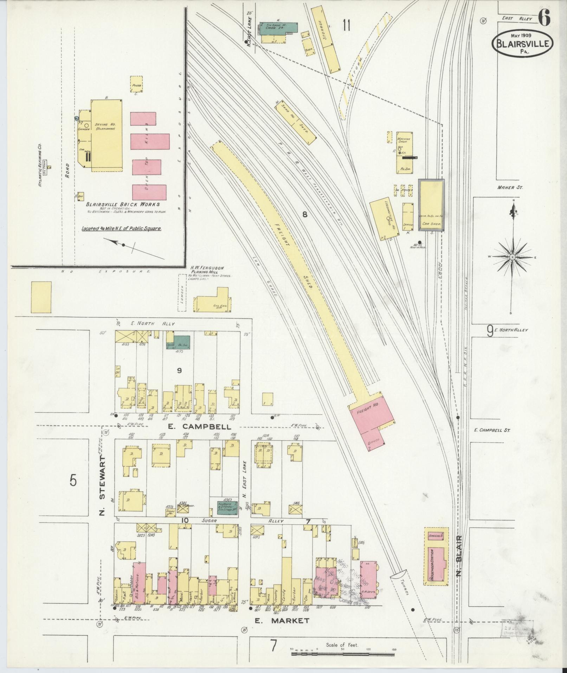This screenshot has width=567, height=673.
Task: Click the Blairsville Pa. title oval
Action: pos(523,43)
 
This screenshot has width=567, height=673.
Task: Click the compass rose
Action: pos(512,257)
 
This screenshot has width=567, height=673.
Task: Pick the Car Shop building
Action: pos(431,205)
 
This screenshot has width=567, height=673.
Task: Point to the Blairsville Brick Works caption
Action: pos(123,204)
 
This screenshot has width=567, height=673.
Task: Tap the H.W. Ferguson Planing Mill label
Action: pos(207,270)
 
